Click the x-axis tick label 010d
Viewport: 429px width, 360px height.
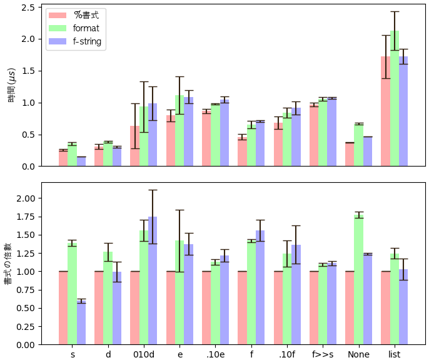click(144, 354)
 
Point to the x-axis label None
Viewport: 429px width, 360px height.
click(358, 354)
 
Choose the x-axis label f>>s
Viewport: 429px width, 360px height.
click(323, 354)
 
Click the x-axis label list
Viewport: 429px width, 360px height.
click(395, 354)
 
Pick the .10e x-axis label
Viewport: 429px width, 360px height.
click(216, 354)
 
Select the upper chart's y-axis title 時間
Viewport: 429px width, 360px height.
click(12, 86)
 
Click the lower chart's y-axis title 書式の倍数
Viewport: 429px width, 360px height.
click(8, 264)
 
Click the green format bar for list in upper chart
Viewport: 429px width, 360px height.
click(395, 100)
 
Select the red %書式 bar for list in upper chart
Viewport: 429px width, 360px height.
click(385, 113)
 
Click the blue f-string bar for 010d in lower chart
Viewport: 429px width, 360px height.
click(153, 282)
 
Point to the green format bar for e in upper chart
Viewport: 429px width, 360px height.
click(179, 131)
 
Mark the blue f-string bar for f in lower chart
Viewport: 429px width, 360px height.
click(260, 288)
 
